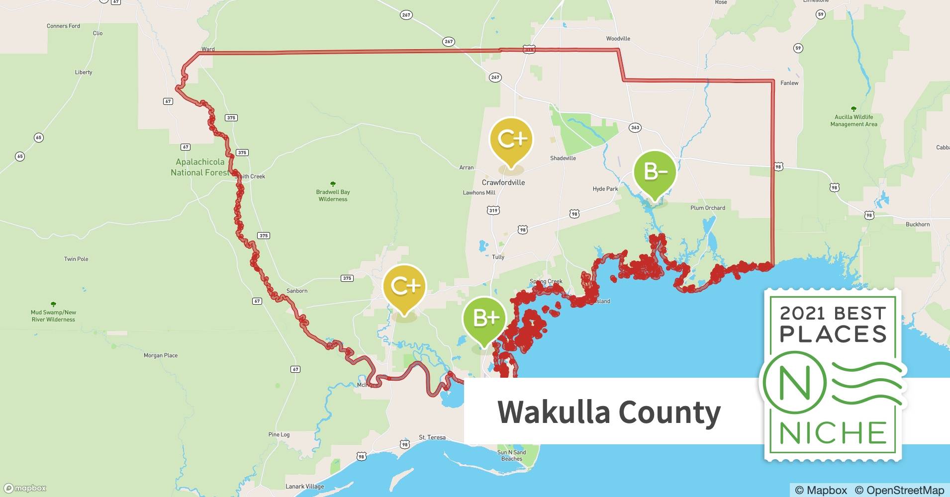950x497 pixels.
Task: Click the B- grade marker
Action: click(x=655, y=172)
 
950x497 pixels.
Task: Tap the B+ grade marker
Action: click(x=484, y=318)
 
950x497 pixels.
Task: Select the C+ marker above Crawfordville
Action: click(x=511, y=139)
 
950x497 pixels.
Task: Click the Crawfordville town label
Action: click(x=503, y=182)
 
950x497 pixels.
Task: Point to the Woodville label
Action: click(x=618, y=39)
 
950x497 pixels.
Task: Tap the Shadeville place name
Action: click(x=563, y=158)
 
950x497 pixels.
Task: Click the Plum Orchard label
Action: click(x=707, y=208)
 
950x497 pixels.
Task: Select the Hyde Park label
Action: click(x=605, y=189)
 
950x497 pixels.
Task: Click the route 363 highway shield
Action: click(x=635, y=128)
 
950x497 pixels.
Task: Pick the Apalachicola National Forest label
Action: click(x=200, y=167)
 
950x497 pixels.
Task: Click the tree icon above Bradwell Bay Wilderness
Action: click(x=333, y=184)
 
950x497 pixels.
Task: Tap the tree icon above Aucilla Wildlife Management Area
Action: click(x=854, y=109)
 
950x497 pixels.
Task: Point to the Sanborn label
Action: click(x=296, y=291)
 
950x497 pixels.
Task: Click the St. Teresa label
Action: click(x=432, y=437)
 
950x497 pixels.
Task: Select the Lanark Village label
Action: click(x=304, y=487)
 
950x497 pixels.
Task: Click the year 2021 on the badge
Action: click(x=803, y=313)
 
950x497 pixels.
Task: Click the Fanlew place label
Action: click(x=789, y=83)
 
